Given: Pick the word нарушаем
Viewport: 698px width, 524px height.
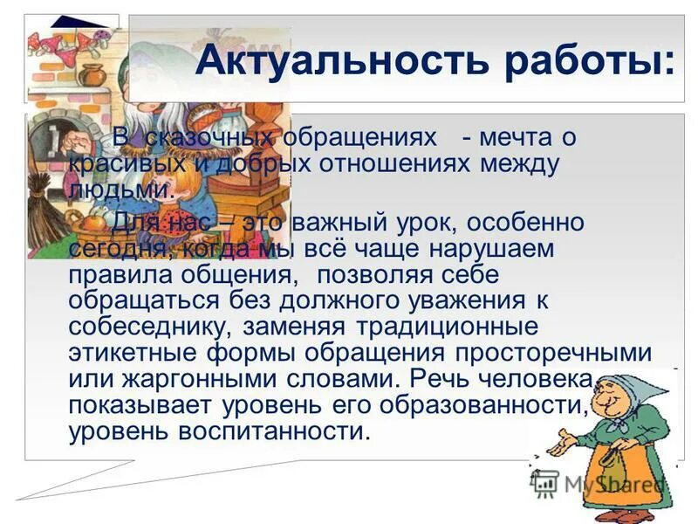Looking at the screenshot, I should pos(479,248).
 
